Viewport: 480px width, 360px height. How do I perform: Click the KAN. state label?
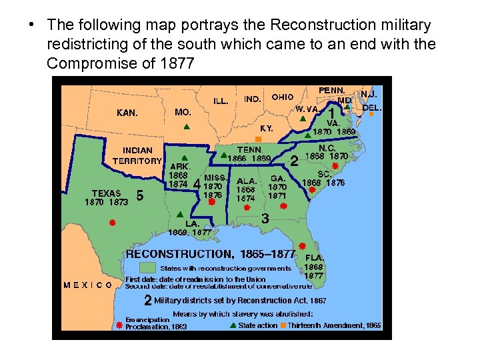pyautogui.click(x=127, y=113)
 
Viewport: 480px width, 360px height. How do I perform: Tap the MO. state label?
pyautogui.click(x=183, y=112)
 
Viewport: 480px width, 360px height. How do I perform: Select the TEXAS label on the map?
pyautogui.click(x=106, y=193)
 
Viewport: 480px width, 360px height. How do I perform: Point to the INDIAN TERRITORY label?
pyautogui.click(x=137, y=155)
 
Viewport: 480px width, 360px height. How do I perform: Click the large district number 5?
pyautogui.click(x=140, y=196)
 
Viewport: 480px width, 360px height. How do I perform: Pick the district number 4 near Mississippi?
pyautogui.click(x=196, y=182)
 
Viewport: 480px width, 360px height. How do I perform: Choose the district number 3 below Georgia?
pyautogui.click(x=265, y=217)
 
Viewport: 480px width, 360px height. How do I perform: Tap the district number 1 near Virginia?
pyautogui.click(x=331, y=115)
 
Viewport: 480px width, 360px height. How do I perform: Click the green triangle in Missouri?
pyautogui.click(x=187, y=127)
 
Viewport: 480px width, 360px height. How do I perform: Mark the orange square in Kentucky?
pyautogui.click(x=259, y=139)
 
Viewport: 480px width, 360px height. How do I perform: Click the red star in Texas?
pyautogui.click(x=113, y=223)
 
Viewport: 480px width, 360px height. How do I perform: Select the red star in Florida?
pyautogui.click(x=302, y=246)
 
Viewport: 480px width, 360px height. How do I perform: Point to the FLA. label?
pyautogui.click(x=315, y=257)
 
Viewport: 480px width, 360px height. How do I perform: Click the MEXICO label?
pyautogui.click(x=88, y=285)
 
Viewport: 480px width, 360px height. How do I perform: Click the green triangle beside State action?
pyautogui.click(x=232, y=325)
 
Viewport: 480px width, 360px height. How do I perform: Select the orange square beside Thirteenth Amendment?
pyautogui.click(x=283, y=325)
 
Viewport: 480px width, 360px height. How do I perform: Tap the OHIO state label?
pyautogui.click(x=283, y=97)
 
